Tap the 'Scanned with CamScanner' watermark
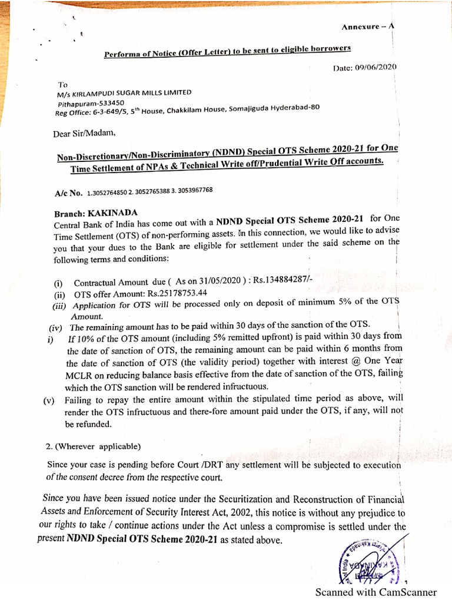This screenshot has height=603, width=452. [376, 592]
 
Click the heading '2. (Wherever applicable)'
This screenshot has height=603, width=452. [94, 445]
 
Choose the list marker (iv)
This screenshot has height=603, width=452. [57, 327]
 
